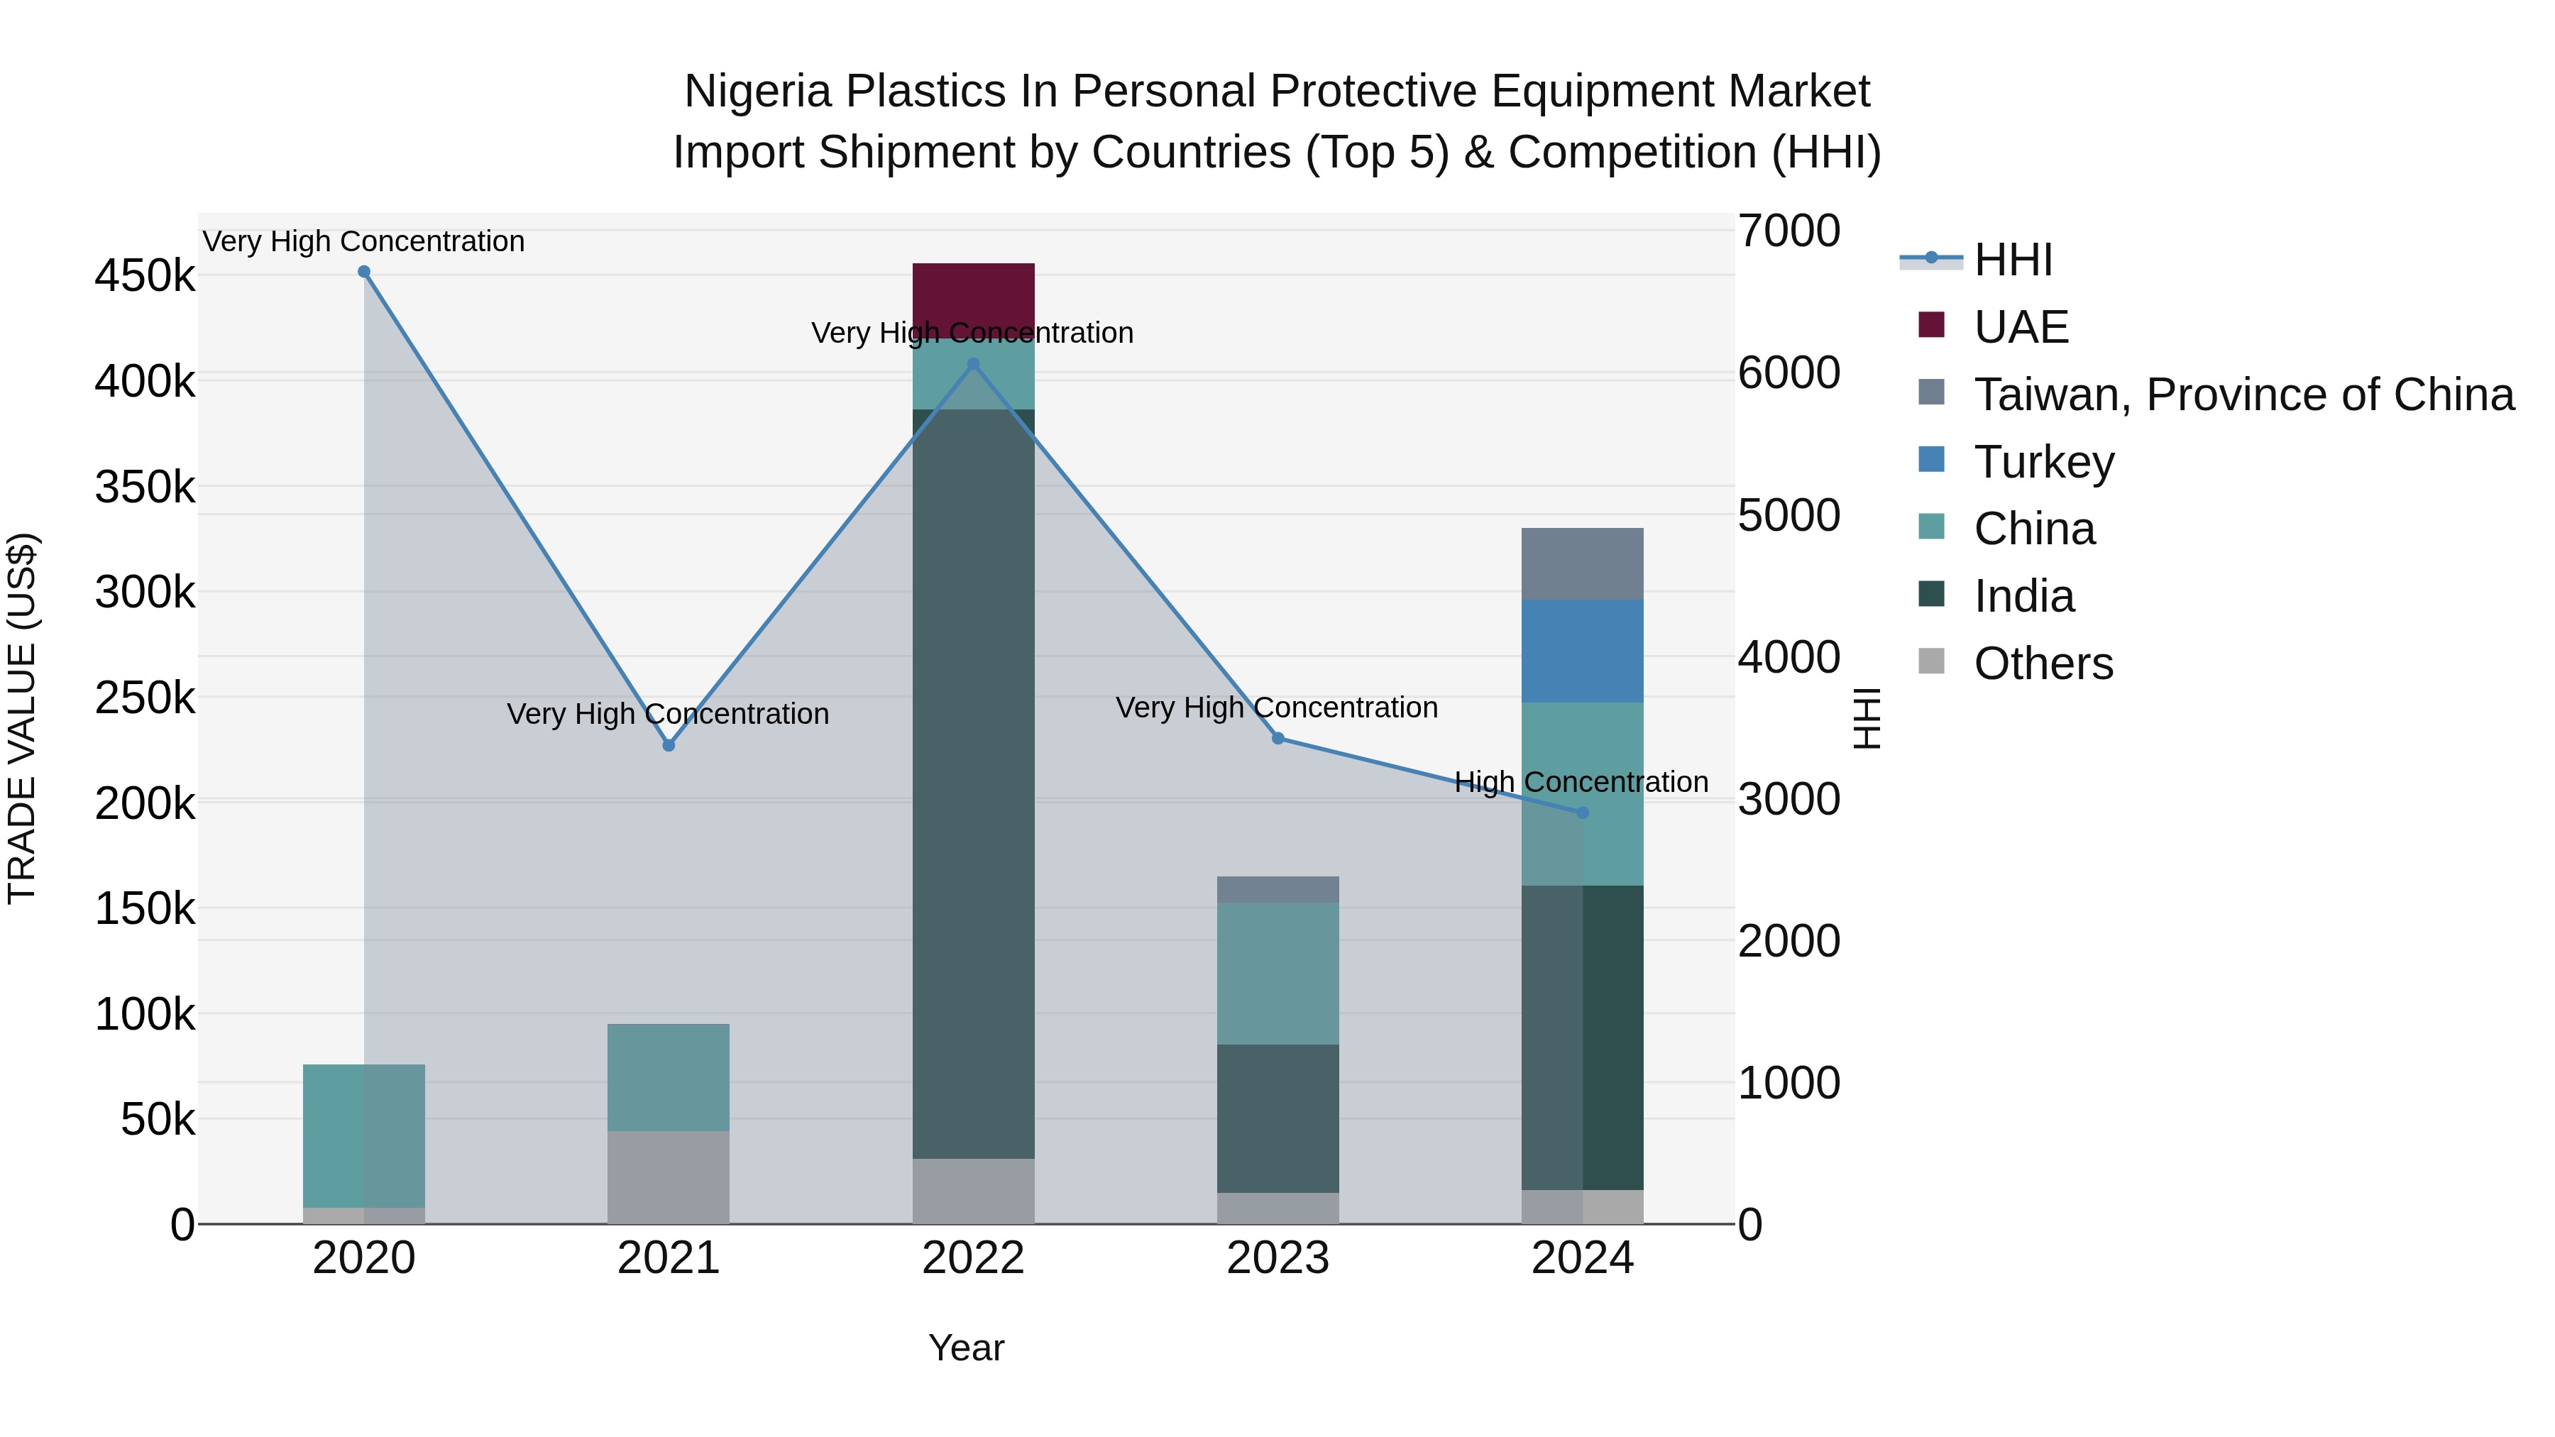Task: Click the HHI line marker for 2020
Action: click(364, 272)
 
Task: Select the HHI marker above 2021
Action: click(669, 745)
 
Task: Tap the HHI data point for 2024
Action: click(1582, 813)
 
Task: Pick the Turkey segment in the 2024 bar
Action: click(1582, 651)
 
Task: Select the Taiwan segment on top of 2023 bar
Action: click(1277, 890)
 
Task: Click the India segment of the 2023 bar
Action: click(1277, 1118)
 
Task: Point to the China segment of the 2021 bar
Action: click(669, 1077)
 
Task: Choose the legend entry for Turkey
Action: click(2043, 462)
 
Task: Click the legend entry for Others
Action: click(2043, 664)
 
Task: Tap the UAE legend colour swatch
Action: click(1931, 325)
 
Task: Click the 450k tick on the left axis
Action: click(145, 276)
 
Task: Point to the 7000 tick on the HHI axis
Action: click(1788, 231)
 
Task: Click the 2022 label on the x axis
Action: click(973, 1258)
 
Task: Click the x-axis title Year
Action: click(966, 1348)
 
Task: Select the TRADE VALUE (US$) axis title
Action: click(22, 718)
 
